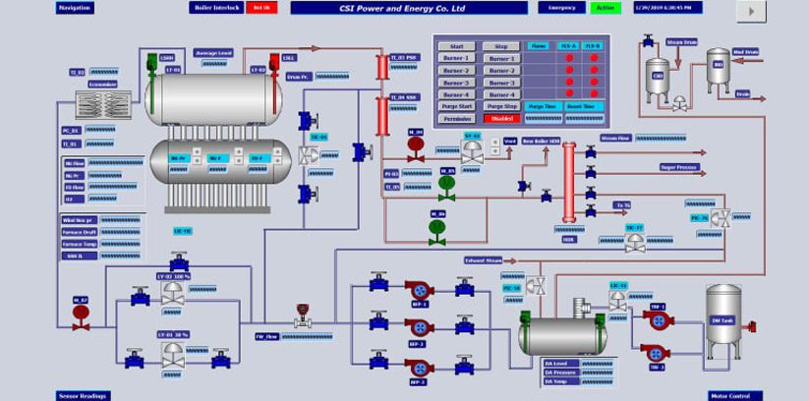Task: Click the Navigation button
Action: click(x=76, y=8)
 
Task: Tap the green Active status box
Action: click(x=606, y=8)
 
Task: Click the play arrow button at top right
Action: click(x=751, y=11)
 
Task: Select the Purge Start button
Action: click(x=456, y=106)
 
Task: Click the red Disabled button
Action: click(x=502, y=119)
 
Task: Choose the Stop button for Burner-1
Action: click(x=501, y=58)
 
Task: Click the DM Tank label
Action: click(x=723, y=319)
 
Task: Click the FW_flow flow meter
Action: click(x=303, y=316)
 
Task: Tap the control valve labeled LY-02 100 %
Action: click(x=173, y=292)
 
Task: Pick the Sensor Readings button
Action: click(x=84, y=395)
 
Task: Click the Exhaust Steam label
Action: click(x=484, y=260)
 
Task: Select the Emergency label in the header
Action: click(x=561, y=8)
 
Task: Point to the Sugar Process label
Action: click(x=679, y=167)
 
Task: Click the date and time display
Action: click(x=668, y=8)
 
